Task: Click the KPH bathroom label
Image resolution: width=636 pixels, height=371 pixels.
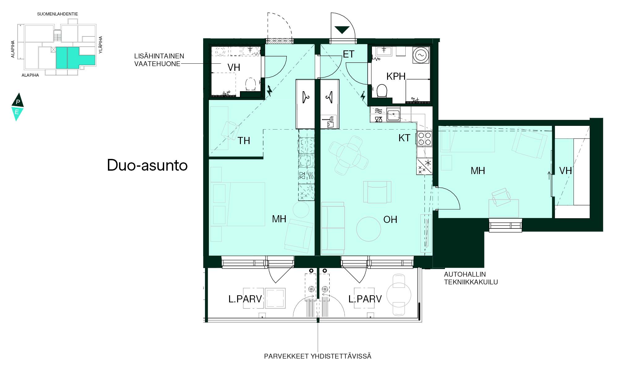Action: pyautogui.click(x=396, y=76)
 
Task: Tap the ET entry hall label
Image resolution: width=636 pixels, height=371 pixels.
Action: pyautogui.click(x=348, y=54)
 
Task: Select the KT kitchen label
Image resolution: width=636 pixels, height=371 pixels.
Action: pyautogui.click(x=404, y=138)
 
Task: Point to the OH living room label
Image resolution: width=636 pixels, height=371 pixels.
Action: pyautogui.click(x=390, y=220)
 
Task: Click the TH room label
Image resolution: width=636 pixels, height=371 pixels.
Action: pyautogui.click(x=244, y=141)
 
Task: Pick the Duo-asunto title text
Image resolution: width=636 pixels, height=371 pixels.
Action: pyautogui.click(x=147, y=165)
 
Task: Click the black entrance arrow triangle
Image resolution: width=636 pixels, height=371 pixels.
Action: pyautogui.click(x=342, y=30)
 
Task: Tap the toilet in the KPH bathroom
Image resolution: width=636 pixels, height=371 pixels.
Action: pyautogui.click(x=382, y=91)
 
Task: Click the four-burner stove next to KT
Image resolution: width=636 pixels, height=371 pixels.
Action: pyautogui.click(x=425, y=139)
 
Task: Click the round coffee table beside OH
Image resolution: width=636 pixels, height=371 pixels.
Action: pyautogui.click(x=369, y=229)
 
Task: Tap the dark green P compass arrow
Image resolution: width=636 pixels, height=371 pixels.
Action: pyautogui.click(x=18, y=100)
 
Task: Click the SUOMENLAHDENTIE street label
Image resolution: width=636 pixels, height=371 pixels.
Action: pyautogui.click(x=58, y=14)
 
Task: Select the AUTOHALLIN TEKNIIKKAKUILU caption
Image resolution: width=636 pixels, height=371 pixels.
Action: pyautogui.click(x=471, y=278)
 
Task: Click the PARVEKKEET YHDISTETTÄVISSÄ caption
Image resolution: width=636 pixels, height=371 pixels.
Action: pyautogui.click(x=318, y=356)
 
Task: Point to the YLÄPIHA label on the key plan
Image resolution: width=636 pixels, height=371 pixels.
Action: pyautogui.click(x=100, y=45)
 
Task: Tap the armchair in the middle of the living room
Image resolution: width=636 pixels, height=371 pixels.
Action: pyautogui.click(x=377, y=192)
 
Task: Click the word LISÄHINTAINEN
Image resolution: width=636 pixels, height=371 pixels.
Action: pyautogui.click(x=159, y=56)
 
